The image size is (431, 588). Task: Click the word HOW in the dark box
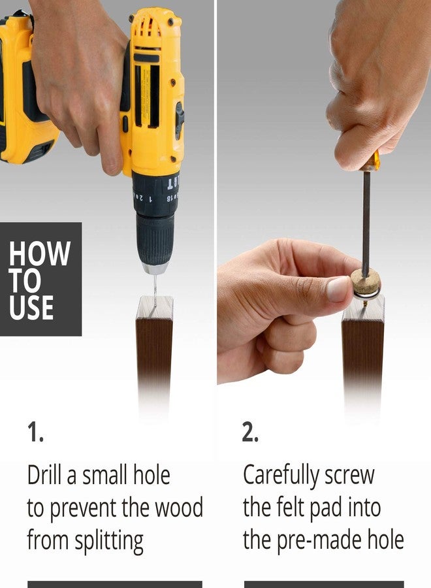(40, 253)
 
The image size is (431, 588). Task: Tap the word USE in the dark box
(31, 308)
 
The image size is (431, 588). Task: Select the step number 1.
(35, 432)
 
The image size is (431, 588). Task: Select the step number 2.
(250, 432)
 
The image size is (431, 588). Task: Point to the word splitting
(109, 540)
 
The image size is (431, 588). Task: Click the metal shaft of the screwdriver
(366, 220)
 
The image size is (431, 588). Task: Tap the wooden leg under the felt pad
(363, 356)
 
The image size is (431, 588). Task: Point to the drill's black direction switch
(180, 120)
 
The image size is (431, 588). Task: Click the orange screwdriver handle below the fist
(371, 163)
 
